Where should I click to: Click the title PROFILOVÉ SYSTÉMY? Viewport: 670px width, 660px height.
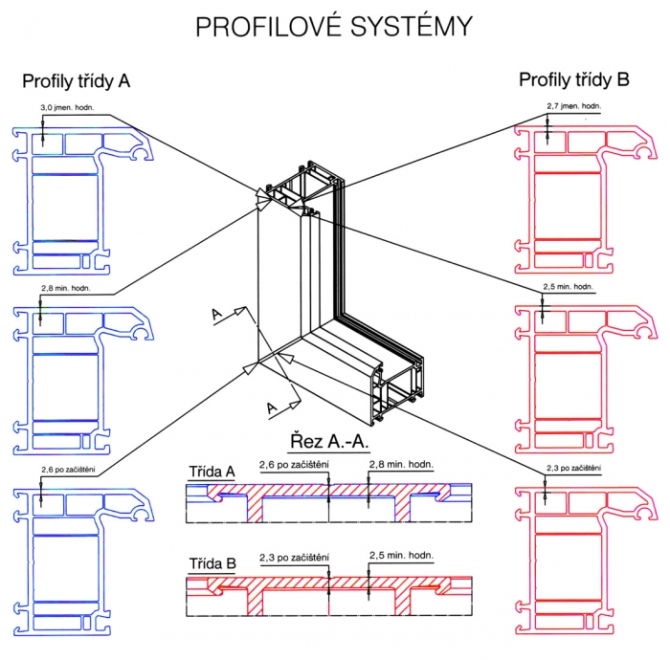click(x=334, y=27)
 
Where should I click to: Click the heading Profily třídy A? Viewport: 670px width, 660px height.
click(x=77, y=82)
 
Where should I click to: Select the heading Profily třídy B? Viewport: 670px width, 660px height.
click(x=574, y=80)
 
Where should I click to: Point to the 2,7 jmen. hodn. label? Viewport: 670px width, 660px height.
click(x=572, y=105)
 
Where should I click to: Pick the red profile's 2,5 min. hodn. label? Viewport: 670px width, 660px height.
click(x=569, y=286)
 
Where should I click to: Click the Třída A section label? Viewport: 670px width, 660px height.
click(x=212, y=471)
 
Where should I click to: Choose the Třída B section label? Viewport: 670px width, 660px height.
click(x=212, y=563)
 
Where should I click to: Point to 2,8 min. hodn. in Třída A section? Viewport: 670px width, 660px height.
click(x=402, y=465)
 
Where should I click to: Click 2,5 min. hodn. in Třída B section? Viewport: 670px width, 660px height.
click(x=402, y=557)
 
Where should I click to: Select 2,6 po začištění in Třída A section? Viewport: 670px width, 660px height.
click(x=295, y=465)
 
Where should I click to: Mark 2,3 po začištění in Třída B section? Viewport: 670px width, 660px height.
click(x=295, y=557)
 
